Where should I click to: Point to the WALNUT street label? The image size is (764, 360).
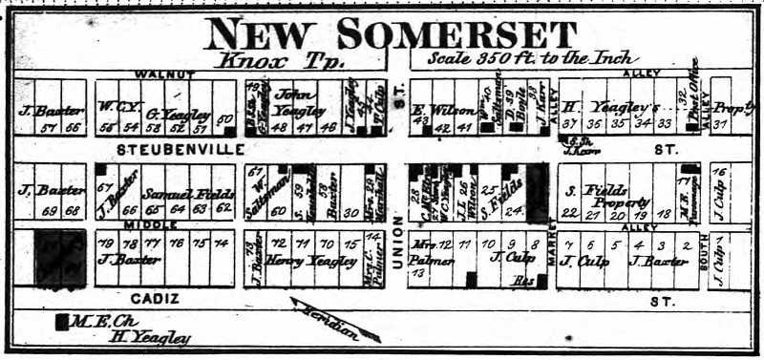[x=165, y=74]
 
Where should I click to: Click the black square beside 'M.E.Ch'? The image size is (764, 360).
[x=62, y=322]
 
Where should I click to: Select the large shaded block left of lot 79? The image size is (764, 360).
[x=60, y=258]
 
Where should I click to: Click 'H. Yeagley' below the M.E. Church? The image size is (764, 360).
[x=149, y=337]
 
